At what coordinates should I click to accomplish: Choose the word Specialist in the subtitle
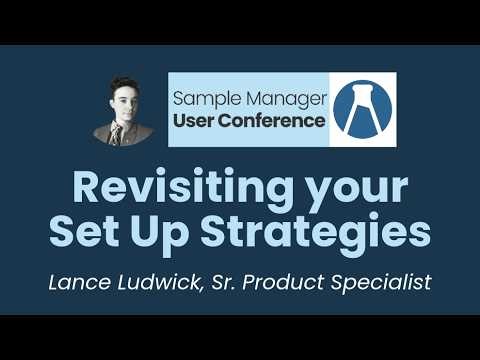[381, 283]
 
